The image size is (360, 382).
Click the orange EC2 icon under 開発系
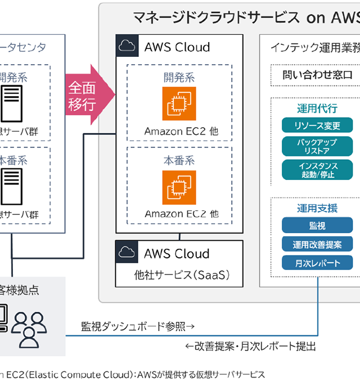179,104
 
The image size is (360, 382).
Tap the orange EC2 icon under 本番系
179,187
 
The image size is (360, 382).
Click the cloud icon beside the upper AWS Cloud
127,46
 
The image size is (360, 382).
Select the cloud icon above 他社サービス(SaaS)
127,252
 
